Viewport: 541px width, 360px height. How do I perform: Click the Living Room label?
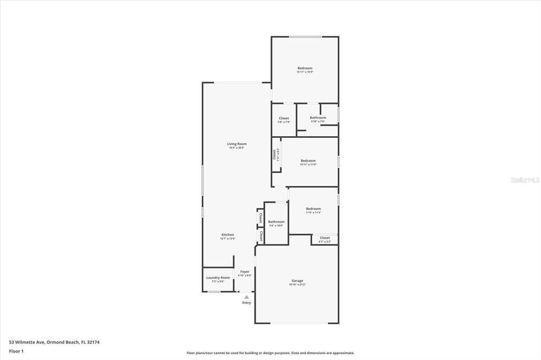point(237,144)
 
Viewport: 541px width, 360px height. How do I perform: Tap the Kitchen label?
point(228,234)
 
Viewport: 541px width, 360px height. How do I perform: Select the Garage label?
point(297,280)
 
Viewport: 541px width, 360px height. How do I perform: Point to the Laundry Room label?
point(218,277)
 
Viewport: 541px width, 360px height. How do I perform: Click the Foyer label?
point(245,271)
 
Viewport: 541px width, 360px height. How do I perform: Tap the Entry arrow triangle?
point(246,297)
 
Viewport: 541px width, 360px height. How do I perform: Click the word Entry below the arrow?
point(247,302)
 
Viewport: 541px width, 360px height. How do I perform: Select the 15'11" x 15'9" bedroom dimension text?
point(305,72)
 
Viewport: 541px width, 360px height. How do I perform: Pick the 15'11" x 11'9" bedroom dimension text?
point(308,164)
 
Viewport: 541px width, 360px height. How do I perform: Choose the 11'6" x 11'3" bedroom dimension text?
point(313,213)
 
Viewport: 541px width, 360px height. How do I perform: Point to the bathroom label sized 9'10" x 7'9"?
point(318,118)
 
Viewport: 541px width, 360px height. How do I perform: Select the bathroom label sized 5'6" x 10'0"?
point(276,222)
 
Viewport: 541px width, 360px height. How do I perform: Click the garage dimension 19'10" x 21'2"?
point(297,285)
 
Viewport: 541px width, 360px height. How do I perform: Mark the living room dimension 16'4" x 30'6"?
point(237,148)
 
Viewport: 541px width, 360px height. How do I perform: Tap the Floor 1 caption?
point(16,351)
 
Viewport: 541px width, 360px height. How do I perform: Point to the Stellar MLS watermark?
point(525,180)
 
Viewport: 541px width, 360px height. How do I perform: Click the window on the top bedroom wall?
point(305,36)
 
